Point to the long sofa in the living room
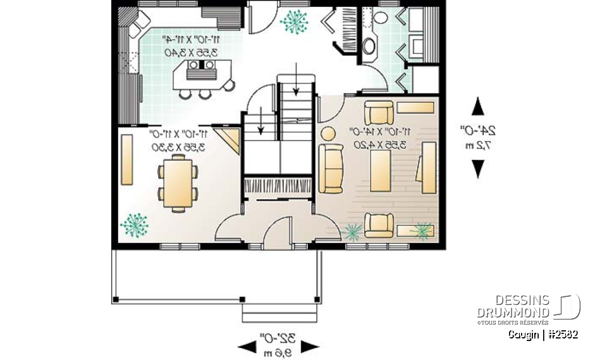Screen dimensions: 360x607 (331, 169)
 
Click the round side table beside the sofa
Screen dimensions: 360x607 (328, 134)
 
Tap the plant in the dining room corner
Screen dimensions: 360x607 (133, 224)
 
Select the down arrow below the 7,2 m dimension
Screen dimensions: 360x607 (479, 168)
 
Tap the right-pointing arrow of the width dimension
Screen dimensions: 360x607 (310, 346)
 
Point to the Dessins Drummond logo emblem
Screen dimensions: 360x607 (567, 307)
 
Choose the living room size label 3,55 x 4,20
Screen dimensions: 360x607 (384, 145)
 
